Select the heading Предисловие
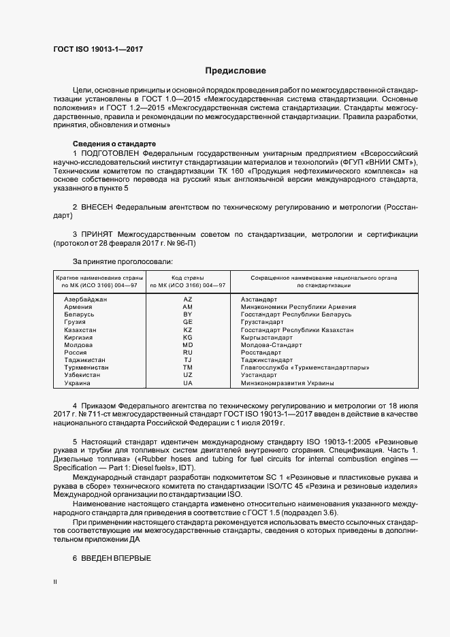tap(236, 71)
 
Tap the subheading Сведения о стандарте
tap(114, 144)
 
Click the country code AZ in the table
tap(188, 299)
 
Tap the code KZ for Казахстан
tap(188, 330)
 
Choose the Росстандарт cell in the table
tap(261, 353)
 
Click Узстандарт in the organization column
tap(259, 375)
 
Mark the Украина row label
tap(76, 383)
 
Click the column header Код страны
tap(188, 278)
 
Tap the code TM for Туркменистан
tap(188, 367)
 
